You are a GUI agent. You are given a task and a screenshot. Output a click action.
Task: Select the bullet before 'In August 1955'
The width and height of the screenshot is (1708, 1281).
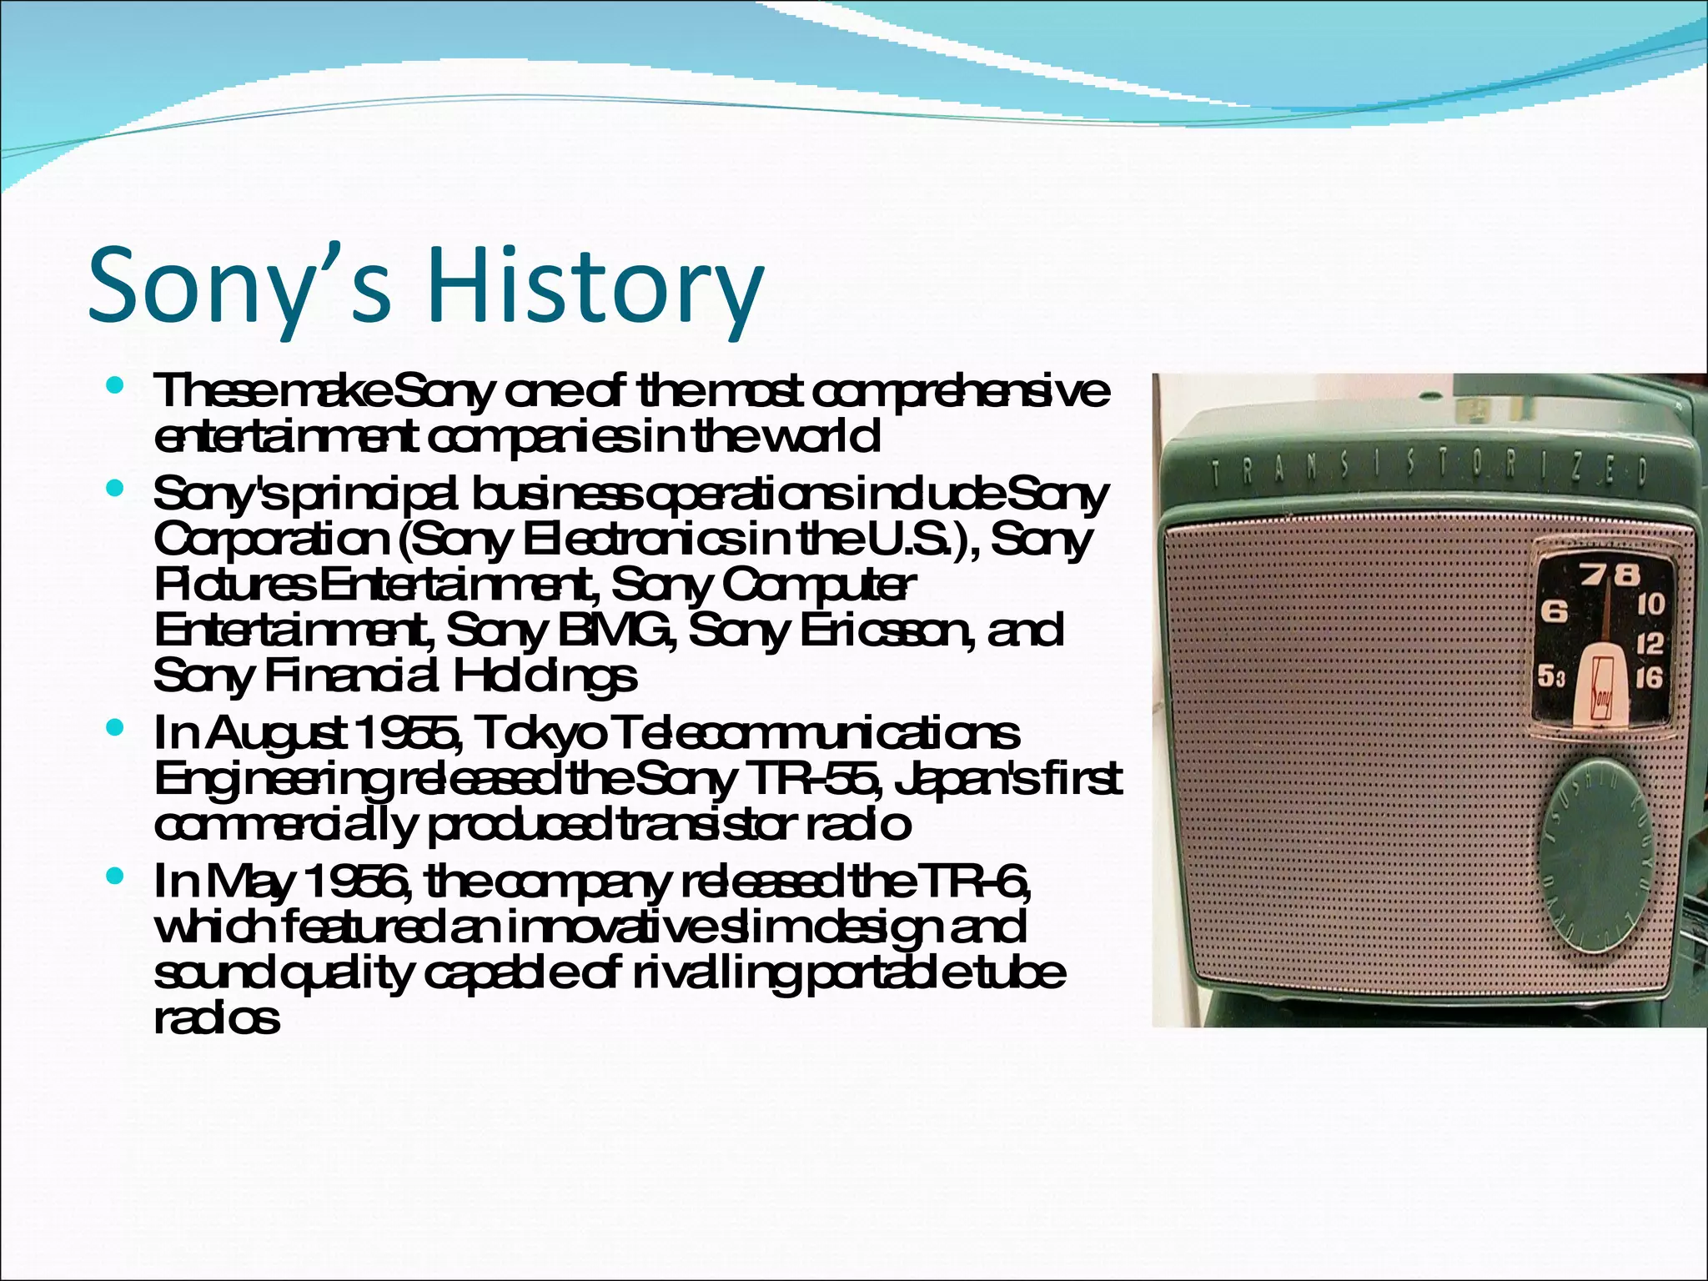tap(116, 729)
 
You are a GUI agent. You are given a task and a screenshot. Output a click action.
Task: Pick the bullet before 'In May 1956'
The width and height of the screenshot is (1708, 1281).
tap(116, 877)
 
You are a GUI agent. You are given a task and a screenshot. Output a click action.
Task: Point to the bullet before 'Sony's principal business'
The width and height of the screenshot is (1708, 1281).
tap(116, 488)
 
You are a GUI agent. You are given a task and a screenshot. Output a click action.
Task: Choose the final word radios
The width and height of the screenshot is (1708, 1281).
tap(216, 1019)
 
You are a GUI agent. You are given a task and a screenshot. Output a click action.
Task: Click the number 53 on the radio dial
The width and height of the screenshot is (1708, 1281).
tap(1551, 677)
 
